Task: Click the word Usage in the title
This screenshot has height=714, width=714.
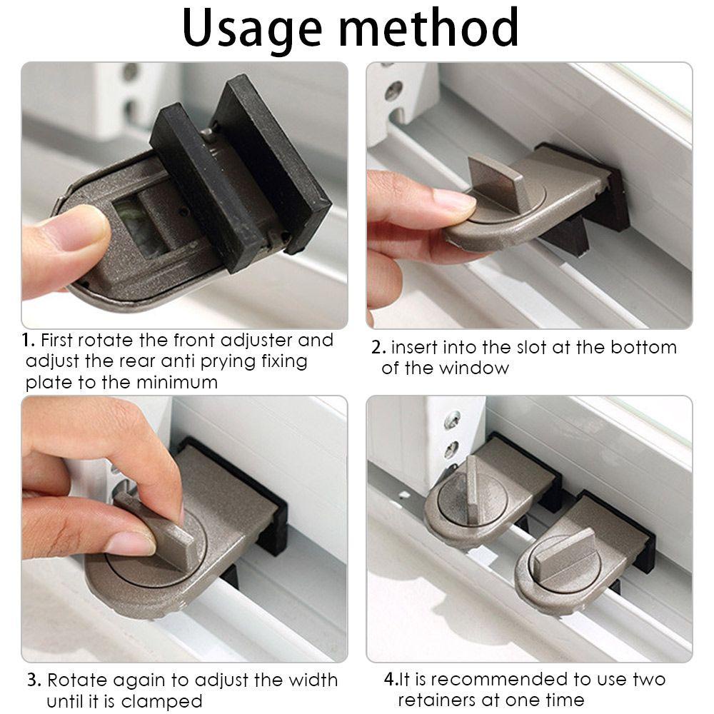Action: (252, 29)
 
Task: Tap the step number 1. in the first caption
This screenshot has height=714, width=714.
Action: (29, 340)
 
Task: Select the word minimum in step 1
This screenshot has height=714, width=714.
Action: (177, 382)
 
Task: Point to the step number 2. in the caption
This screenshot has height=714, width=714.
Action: (378, 348)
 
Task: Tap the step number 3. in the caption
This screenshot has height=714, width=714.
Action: (34, 680)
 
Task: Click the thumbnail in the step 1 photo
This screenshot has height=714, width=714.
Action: (78, 228)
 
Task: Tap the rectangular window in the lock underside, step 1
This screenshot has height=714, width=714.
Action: (139, 226)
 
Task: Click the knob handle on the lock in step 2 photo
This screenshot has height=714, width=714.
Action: (497, 180)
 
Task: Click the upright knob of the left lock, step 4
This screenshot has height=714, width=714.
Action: (471, 486)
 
